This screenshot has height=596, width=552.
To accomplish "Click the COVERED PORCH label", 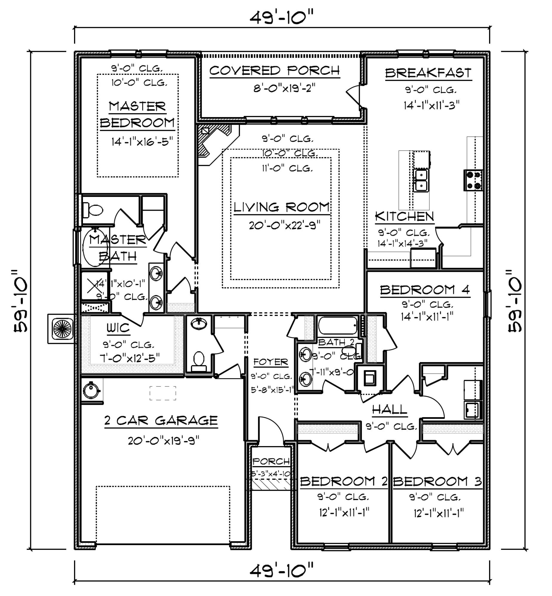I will tap(275, 71).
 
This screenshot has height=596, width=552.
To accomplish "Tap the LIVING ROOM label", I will tap(281, 207).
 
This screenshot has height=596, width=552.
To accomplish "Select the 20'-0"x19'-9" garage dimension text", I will tap(164, 440).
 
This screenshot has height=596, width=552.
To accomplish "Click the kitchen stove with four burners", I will tap(473, 180).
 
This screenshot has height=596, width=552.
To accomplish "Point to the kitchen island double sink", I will tap(421, 181).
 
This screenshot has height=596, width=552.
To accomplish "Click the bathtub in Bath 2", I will tap(338, 325).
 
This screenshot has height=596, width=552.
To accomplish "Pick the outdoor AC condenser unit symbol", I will tap(63, 328).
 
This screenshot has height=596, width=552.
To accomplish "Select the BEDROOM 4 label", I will tap(425, 290).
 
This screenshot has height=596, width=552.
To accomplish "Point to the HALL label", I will tap(389, 409).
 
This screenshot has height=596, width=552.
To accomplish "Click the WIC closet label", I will tap(118, 328).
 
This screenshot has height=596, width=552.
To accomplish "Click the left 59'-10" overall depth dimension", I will tap(21, 300).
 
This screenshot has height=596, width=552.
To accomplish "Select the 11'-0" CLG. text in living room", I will tap(287, 168).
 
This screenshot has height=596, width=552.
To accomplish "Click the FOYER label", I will tap(271, 362).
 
